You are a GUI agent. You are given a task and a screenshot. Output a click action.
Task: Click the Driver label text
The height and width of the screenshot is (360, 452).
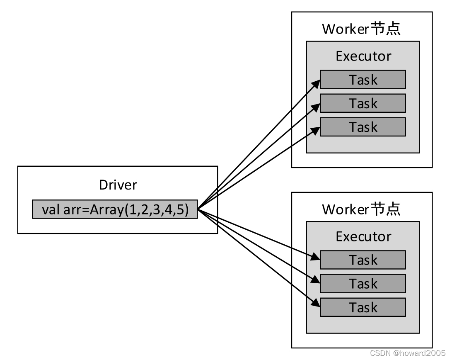click(x=118, y=185)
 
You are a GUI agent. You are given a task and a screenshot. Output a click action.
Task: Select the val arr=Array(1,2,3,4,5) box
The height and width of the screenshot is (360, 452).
click(x=115, y=209)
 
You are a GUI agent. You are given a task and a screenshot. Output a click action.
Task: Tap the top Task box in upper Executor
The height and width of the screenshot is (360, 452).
click(x=363, y=79)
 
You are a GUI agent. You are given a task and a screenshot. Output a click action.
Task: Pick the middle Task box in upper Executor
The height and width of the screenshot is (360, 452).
click(x=363, y=103)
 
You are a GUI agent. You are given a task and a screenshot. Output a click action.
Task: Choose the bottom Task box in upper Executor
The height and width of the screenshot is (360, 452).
click(x=363, y=126)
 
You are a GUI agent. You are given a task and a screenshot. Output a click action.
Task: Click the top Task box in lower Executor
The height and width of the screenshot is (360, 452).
click(x=363, y=260)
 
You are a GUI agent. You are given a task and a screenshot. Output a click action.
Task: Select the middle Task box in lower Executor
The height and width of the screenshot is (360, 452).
click(x=363, y=283)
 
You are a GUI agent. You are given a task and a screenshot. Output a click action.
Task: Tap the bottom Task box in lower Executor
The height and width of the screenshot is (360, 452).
click(x=363, y=307)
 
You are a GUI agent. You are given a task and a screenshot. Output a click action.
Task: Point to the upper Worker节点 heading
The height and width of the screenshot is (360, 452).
click(x=361, y=29)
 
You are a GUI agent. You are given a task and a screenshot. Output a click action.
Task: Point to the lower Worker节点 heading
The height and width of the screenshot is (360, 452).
click(x=361, y=209)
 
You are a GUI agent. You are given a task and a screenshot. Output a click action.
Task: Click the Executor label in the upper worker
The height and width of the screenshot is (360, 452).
click(x=363, y=56)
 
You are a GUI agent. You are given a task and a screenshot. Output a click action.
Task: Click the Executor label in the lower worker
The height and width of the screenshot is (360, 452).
click(x=363, y=236)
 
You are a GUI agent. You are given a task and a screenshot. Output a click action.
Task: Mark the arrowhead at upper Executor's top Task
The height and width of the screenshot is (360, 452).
click(x=316, y=83)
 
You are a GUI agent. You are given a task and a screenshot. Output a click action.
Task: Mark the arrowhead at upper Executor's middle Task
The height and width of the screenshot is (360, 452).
click(x=316, y=107)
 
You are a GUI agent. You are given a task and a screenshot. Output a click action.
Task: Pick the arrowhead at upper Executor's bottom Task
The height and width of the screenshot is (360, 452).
click(x=316, y=131)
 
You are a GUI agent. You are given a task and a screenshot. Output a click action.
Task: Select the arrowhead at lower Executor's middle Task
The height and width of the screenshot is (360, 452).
click(x=316, y=280)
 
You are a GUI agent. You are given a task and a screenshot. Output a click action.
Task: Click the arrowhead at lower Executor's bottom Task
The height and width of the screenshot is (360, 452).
click(x=316, y=303)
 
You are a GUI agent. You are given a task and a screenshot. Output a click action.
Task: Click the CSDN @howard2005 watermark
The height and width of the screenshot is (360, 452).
click(x=408, y=353)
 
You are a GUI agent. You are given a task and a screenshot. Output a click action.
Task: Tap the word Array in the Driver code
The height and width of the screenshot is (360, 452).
click(x=106, y=210)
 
